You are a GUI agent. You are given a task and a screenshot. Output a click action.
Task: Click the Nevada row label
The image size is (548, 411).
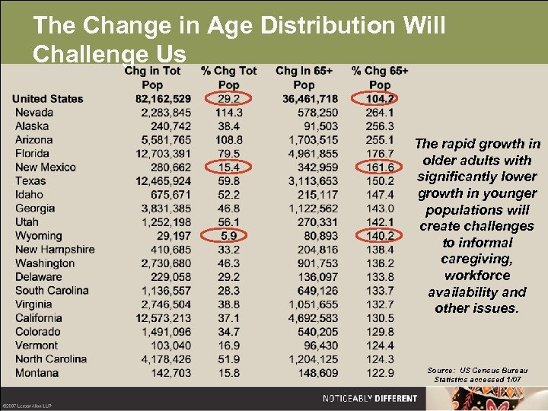click(x=33, y=113)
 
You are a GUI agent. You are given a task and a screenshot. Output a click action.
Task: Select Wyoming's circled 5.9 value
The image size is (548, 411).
click(x=228, y=236)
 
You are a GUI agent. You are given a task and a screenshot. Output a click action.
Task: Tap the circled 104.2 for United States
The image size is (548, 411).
click(x=380, y=99)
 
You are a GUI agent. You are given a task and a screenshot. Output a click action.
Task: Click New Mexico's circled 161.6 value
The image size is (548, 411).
click(x=380, y=167)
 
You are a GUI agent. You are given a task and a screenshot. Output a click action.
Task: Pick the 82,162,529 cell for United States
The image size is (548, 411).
click(x=163, y=99)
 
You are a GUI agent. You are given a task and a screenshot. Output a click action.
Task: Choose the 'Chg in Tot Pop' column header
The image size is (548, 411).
click(x=153, y=78)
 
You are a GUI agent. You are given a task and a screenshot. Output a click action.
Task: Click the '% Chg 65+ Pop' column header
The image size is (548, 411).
click(x=380, y=78)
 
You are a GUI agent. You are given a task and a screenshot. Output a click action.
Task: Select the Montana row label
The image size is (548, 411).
click(x=37, y=373)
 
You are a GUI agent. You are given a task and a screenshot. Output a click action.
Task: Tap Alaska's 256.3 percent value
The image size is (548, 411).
click(x=380, y=126)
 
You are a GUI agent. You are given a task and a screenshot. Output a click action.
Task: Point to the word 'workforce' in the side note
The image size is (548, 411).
click(x=477, y=276)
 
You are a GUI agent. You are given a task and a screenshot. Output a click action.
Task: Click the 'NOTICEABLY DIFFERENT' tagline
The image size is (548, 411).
click(x=370, y=398)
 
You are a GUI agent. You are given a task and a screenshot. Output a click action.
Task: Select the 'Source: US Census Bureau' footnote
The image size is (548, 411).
click(x=477, y=370)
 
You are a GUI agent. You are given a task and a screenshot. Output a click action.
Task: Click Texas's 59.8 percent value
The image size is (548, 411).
click(x=228, y=181)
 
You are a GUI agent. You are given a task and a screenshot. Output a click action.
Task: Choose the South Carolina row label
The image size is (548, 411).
click(x=52, y=291)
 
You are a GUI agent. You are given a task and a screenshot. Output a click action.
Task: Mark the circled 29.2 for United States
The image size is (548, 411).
click(x=228, y=99)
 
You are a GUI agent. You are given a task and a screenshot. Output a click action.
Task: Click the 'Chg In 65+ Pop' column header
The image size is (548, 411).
click(x=304, y=78)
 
